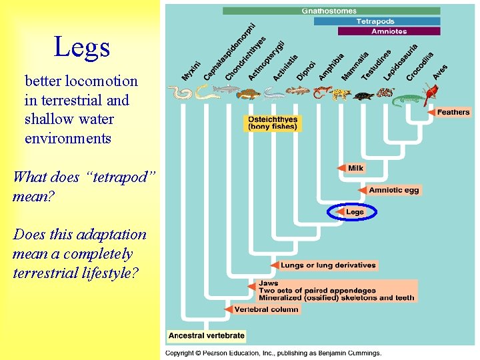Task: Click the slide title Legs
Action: [81, 47]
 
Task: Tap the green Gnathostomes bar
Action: [331, 11]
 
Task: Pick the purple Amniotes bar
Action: [389, 31]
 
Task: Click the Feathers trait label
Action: [453, 113]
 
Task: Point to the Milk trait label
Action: [356, 168]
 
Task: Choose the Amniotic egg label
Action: [394, 191]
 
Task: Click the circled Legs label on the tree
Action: [355, 212]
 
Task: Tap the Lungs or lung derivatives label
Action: [328, 265]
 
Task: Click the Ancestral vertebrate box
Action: [207, 335]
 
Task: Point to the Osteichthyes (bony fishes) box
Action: [273, 123]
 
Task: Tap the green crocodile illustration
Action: [408, 101]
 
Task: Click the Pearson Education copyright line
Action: [273, 353]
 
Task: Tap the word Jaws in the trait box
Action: [269, 283]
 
